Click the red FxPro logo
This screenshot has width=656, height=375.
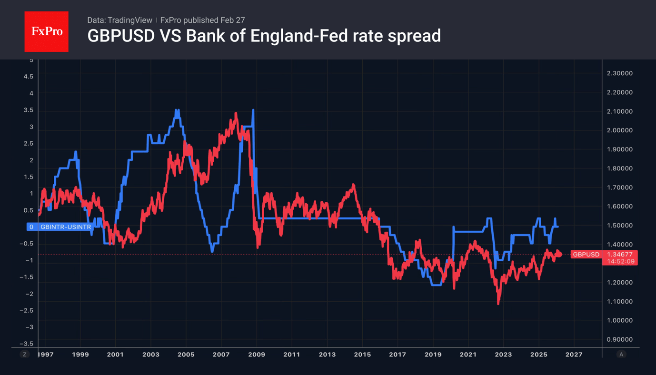(46, 32)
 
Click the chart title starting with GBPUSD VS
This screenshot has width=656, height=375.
(264, 36)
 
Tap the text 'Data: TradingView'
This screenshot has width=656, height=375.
(119, 20)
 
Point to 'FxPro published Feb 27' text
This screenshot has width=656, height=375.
(202, 20)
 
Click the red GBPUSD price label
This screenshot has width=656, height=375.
(586, 255)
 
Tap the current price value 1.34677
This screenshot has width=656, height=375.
(619, 255)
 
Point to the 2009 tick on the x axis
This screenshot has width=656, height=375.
(257, 355)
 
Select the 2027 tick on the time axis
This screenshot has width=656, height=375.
(574, 355)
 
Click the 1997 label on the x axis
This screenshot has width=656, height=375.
(46, 355)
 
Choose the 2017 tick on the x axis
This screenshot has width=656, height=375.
(398, 355)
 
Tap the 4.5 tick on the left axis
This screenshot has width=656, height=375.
(29, 77)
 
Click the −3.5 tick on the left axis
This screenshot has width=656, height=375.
(27, 344)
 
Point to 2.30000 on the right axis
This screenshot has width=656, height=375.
(619, 73)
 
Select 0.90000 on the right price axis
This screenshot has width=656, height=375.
(619, 339)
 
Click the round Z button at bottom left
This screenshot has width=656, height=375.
(24, 355)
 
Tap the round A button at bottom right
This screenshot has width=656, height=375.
(621, 355)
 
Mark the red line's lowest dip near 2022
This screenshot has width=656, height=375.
(498, 303)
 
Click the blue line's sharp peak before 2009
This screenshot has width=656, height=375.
(253, 110)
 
